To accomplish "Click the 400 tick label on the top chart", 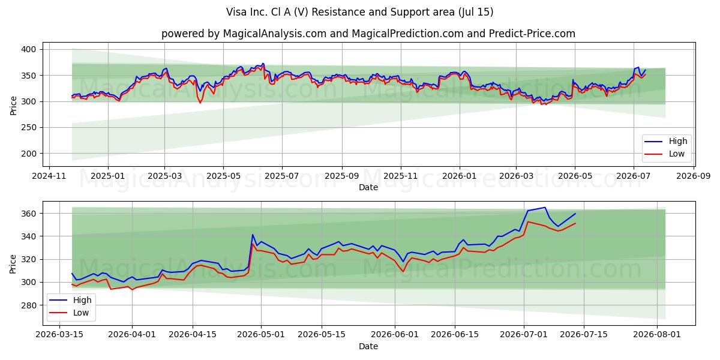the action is point(28,49).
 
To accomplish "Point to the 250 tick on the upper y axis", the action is point(28,128).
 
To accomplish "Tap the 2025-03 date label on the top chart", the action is point(164,176).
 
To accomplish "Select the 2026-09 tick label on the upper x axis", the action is point(694,176).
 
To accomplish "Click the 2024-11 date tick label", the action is point(49,176).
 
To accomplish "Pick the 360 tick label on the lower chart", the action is point(28,214).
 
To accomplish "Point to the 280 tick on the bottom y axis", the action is point(28,305).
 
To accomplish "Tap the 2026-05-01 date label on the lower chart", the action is point(261,335).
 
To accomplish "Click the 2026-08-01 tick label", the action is point(657,335).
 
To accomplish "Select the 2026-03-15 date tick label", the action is point(59,335).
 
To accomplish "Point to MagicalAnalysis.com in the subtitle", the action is point(275,34).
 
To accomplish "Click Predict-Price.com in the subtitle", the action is point(532,34).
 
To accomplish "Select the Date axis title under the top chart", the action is point(368,187).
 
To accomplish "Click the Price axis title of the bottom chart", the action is point(13,264).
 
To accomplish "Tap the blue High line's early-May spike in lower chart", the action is point(253,235).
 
